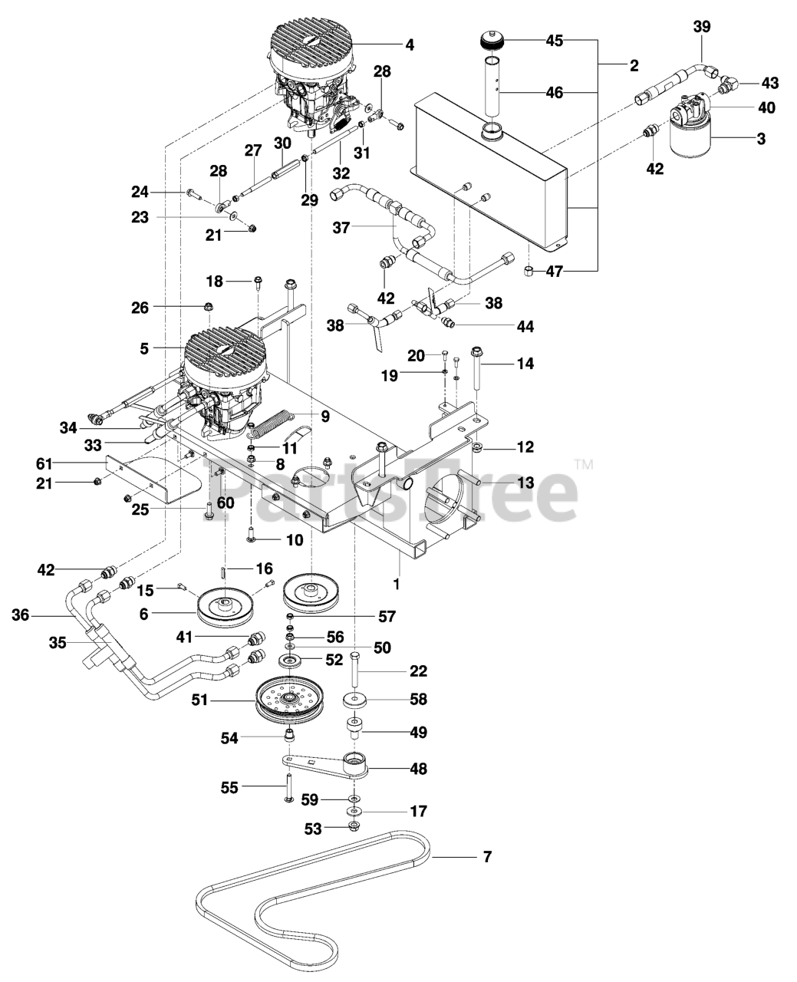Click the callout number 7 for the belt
click(486, 856)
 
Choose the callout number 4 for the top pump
click(410, 45)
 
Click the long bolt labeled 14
click(476, 370)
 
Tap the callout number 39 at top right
click(701, 27)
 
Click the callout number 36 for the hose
click(21, 615)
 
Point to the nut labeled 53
click(354, 826)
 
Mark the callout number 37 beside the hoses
click(341, 227)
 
